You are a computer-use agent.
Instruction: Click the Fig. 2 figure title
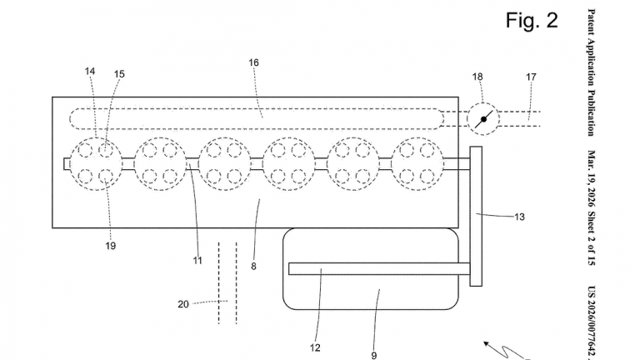tap(532, 20)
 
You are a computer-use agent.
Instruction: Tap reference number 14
tap(90, 72)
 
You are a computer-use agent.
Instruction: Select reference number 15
tap(119, 74)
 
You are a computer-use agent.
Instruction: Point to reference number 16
tap(253, 62)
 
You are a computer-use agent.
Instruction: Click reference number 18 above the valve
tap(477, 77)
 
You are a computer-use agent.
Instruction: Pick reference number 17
tap(531, 77)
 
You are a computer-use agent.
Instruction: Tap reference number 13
tap(519, 217)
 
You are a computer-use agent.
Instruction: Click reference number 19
tap(111, 246)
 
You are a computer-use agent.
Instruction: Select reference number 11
tap(197, 260)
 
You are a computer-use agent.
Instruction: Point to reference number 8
tap(253, 267)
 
